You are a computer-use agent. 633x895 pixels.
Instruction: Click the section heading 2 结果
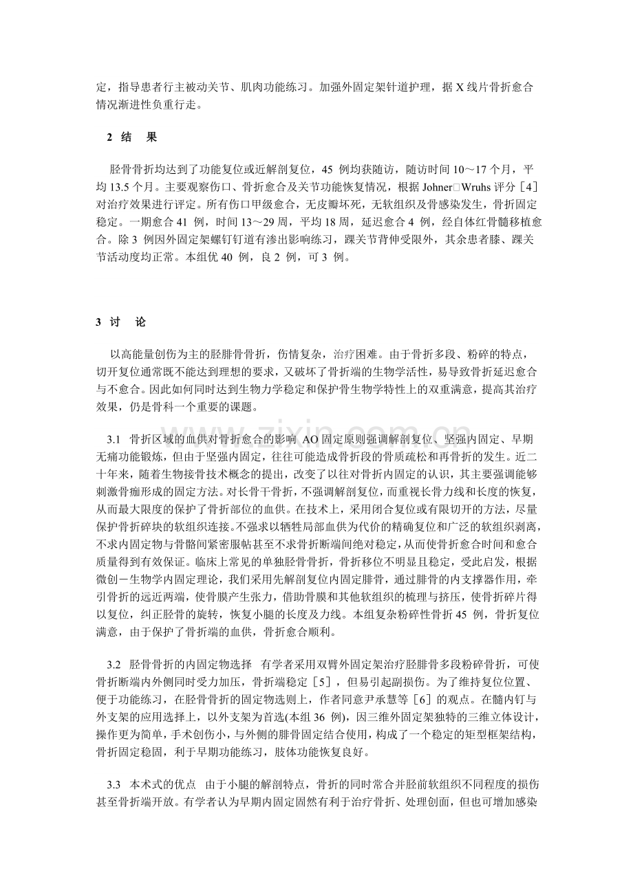(131, 137)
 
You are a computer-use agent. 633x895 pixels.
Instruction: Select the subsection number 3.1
(114, 438)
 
